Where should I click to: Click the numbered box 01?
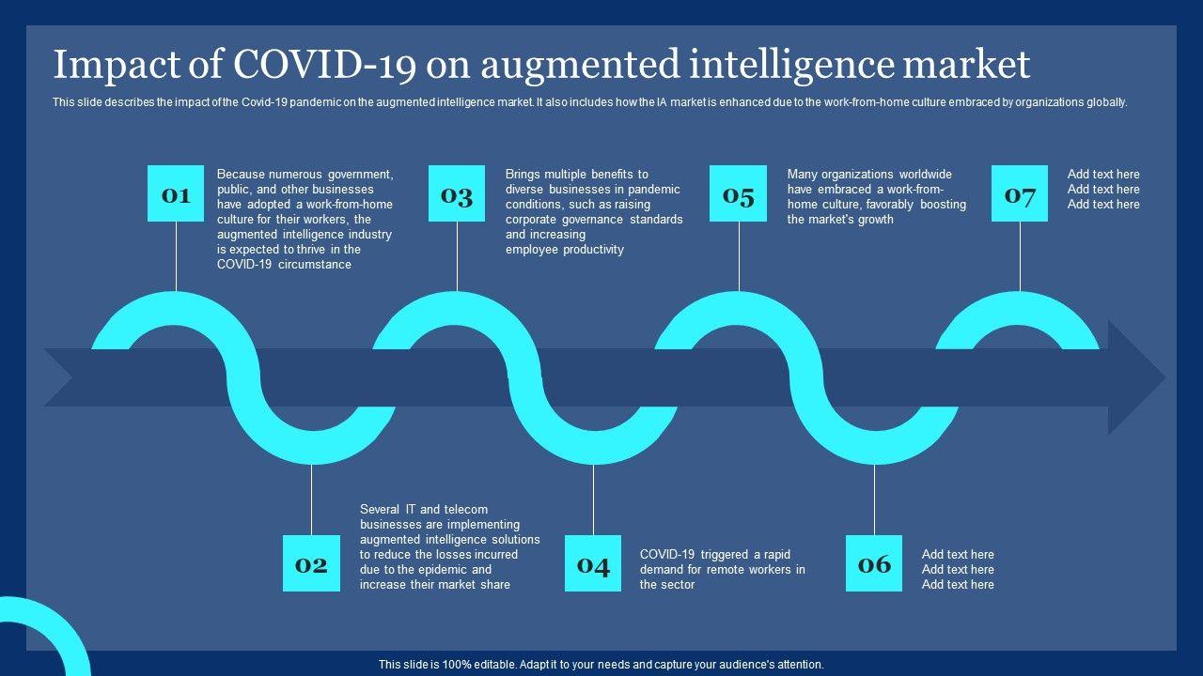[x=176, y=194]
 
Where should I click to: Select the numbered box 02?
[x=311, y=563]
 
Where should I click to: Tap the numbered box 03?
[x=457, y=194]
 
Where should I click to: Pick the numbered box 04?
[x=593, y=563]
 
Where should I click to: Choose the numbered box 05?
[x=738, y=194]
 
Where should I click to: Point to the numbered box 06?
[x=874, y=563]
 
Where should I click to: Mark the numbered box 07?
[x=1020, y=194]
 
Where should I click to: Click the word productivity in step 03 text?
[x=593, y=250]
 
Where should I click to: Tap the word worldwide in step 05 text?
[x=925, y=175]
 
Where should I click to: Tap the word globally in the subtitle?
[x=1105, y=102]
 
